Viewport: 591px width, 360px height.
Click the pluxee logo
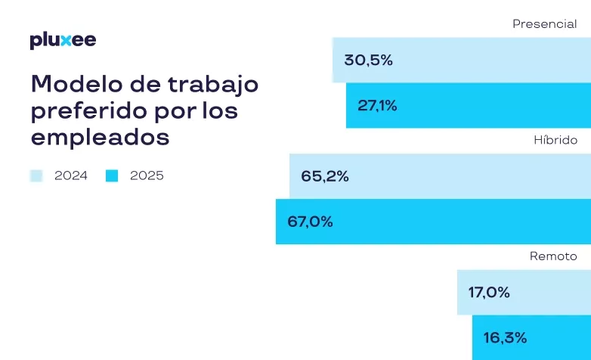coord(63,41)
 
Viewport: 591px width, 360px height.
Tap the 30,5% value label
coord(368,61)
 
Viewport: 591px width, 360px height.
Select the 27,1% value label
coord(377,106)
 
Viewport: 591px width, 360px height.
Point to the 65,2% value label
coord(324,176)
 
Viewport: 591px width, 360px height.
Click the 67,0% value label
coord(310,222)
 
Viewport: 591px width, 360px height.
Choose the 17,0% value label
coord(489,292)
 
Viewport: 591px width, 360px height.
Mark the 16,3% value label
coord(506,337)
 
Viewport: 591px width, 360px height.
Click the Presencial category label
coord(544,24)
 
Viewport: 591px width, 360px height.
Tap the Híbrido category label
coord(555,141)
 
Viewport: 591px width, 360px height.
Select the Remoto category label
coord(553,256)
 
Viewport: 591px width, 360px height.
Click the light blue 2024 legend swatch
coord(36,176)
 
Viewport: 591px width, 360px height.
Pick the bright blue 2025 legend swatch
coord(112,176)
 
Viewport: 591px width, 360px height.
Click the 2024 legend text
coord(71,176)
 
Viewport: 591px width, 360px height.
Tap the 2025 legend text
coord(147,176)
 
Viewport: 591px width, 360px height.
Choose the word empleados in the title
coord(100,139)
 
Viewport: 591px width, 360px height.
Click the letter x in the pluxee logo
coord(67,41)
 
